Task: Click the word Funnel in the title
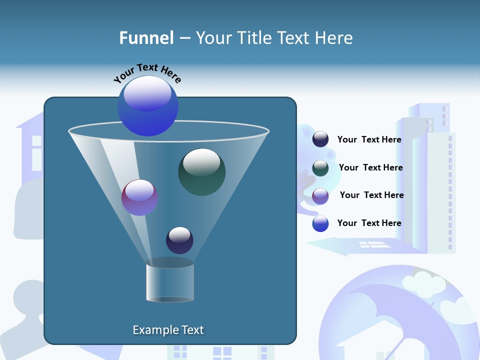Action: point(146,38)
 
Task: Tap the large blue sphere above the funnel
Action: point(148,105)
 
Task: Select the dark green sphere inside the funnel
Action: point(201,172)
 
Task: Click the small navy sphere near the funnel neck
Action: point(179,240)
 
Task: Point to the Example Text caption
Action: point(168,330)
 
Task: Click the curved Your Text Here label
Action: point(147,72)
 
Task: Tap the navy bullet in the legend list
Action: point(320,139)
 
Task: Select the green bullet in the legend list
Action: point(320,168)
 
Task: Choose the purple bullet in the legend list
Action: point(320,196)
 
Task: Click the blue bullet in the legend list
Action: point(320,223)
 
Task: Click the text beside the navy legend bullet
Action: point(369,140)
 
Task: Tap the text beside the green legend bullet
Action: point(370,167)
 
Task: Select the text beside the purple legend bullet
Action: point(371,195)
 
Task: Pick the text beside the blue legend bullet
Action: point(369,223)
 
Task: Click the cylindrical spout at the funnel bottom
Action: point(170,282)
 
